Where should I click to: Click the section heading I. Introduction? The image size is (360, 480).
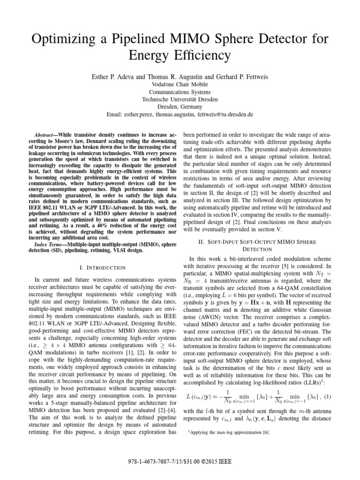tap(99, 267)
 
